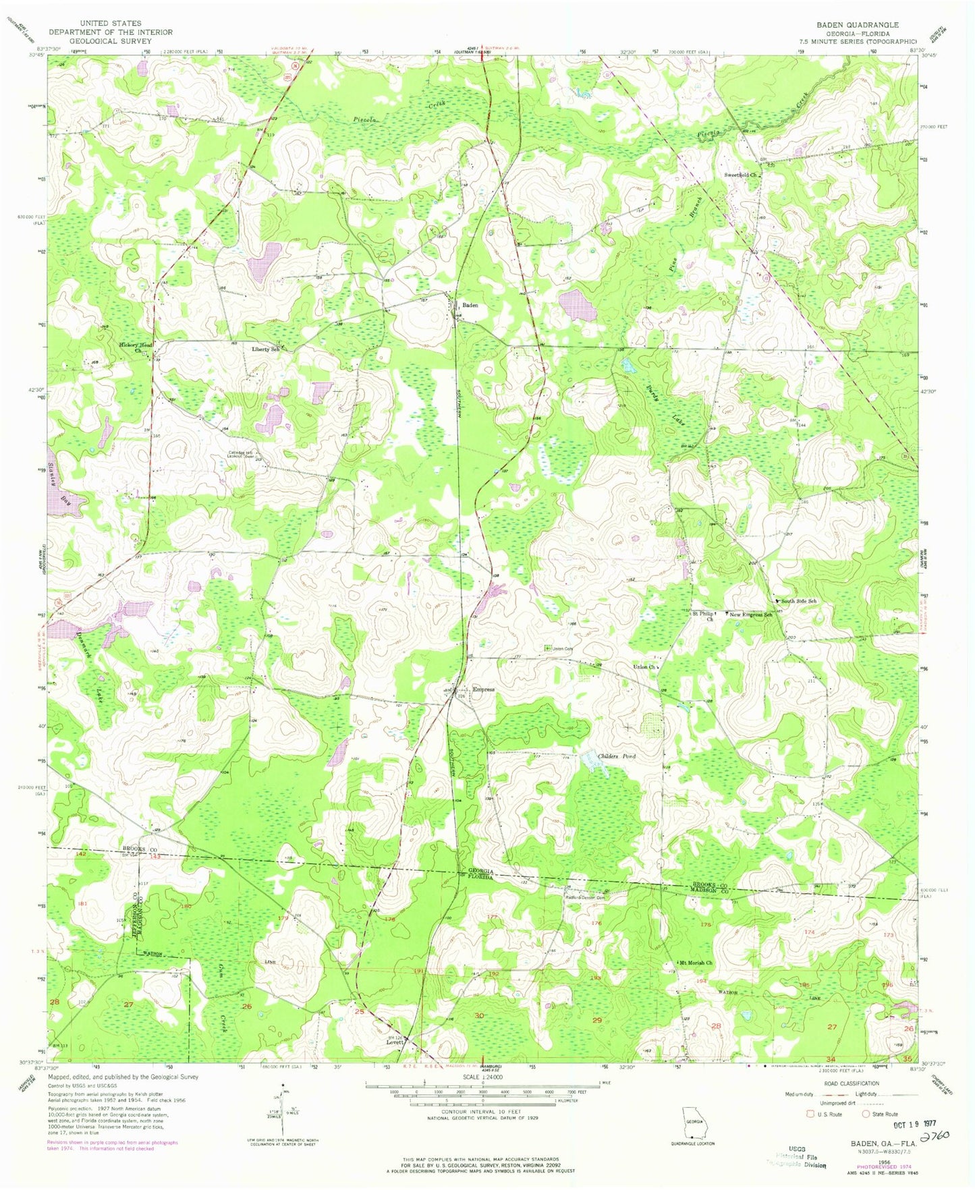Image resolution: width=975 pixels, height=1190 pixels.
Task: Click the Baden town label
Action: tap(470, 306)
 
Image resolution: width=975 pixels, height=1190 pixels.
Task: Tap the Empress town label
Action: tap(483, 689)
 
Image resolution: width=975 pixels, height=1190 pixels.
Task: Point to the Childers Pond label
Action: tap(617, 756)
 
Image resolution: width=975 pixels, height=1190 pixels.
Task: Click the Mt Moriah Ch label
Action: tap(695, 963)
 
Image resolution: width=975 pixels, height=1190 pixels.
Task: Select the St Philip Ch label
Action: tap(702, 616)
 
